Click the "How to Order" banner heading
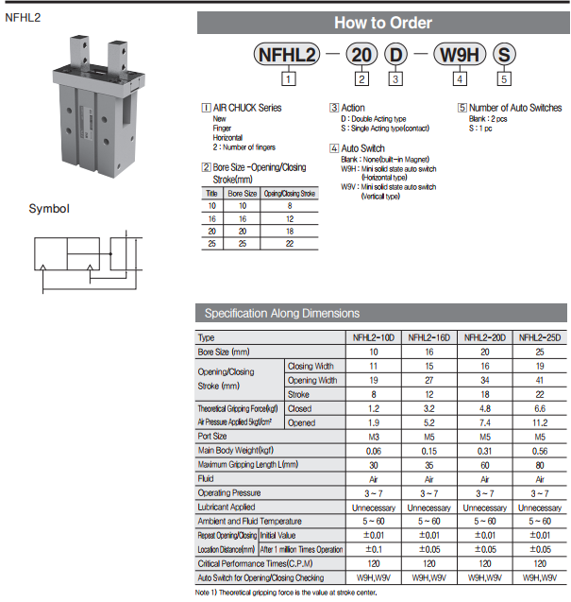[383, 23]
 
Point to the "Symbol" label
[48, 209]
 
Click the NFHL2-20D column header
[485, 337]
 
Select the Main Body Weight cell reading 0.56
[540, 451]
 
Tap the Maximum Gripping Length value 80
[540, 465]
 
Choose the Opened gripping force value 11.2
[540, 422]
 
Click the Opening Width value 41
[540, 380]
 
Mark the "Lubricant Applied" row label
[227, 507]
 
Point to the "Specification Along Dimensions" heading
[282, 314]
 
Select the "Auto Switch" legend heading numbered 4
[362, 148]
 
